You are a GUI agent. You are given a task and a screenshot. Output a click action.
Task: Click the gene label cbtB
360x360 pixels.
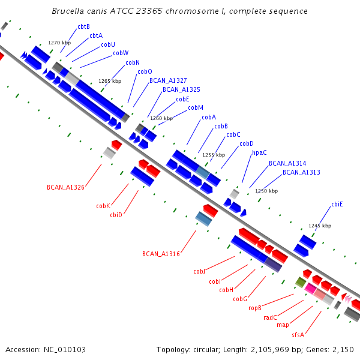83,26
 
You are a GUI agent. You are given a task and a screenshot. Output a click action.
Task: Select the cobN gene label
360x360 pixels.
133,62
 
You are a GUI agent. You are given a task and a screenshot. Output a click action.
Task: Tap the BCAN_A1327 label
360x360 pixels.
168,80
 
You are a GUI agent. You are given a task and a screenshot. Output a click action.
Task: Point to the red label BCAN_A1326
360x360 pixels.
65,187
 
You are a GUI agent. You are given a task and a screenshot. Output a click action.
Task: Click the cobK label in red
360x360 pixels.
103,206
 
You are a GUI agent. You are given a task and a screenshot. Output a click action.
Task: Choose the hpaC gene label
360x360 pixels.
259,152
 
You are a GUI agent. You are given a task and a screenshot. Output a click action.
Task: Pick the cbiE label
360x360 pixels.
337,204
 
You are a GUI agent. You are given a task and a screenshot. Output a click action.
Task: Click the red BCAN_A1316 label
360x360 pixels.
161,254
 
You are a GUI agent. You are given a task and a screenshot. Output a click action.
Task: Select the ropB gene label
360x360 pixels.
255,308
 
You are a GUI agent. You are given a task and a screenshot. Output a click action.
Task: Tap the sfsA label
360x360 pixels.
298,335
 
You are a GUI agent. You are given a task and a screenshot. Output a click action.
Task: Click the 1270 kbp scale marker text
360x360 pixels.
59,43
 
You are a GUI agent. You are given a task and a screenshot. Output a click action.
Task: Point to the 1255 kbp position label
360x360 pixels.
214,155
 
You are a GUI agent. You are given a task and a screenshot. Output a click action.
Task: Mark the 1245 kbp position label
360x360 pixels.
320,226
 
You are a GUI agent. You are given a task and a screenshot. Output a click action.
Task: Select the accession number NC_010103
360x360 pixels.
65,350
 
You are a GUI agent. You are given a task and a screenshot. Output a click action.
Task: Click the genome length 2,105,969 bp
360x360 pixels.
269,350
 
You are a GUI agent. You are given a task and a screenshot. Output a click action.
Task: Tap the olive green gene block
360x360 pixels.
301,282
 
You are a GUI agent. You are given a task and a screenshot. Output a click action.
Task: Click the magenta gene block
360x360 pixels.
310,289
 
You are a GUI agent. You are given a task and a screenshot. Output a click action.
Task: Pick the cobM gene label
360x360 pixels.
196,107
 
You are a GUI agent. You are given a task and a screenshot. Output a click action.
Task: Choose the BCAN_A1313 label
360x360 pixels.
301,172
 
